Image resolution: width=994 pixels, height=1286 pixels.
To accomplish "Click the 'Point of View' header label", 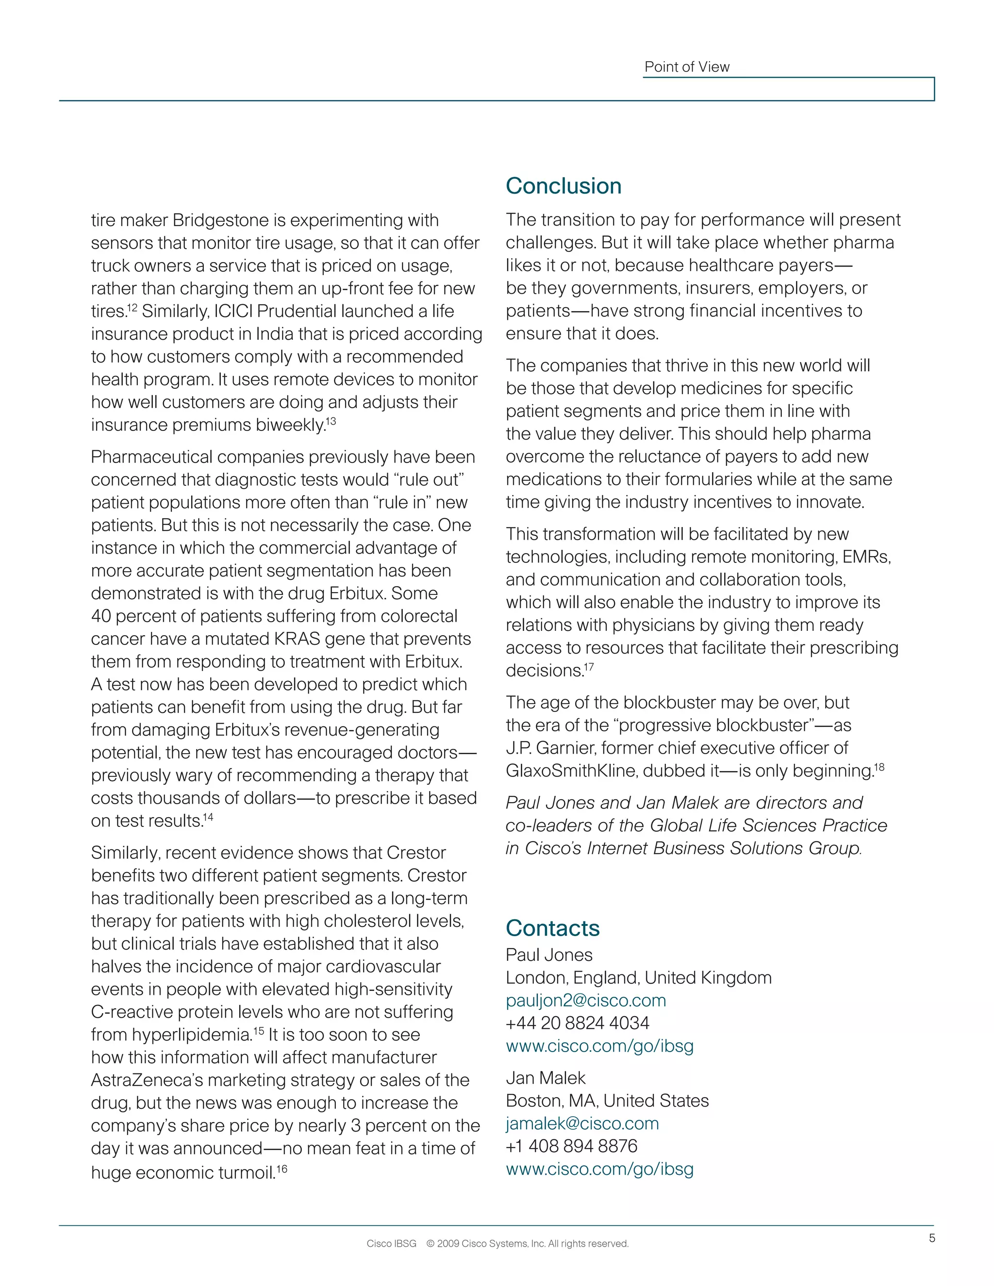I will (x=687, y=67).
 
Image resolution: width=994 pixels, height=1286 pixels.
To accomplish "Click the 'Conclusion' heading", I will (x=563, y=186).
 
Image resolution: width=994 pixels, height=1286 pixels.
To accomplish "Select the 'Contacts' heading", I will (x=552, y=928).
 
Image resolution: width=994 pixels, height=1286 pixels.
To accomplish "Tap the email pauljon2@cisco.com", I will (x=585, y=1001).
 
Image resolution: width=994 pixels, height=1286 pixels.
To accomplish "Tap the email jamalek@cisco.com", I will (x=582, y=1123).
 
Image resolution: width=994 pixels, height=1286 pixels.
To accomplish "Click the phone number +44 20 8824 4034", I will (x=577, y=1023).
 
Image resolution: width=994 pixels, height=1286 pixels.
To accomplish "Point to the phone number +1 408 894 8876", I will (x=571, y=1146).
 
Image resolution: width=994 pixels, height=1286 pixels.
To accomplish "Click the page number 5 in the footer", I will (x=931, y=1238).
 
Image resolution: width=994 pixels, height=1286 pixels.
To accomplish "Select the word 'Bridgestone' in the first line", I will (x=221, y=220).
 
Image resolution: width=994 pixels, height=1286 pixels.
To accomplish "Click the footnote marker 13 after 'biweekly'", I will (x=331, y=421).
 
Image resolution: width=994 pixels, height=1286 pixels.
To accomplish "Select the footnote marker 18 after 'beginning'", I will (x=879, y=767).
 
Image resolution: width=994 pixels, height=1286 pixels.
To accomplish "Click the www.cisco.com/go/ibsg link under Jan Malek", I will (x=599, y=1170).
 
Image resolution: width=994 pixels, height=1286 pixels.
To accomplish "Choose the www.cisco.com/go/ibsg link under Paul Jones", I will (x=599, y=1046).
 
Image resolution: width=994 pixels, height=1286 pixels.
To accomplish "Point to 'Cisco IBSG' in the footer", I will (x=391, y=1244).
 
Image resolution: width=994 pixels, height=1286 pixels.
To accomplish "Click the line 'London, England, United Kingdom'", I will (x=638, y=978).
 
